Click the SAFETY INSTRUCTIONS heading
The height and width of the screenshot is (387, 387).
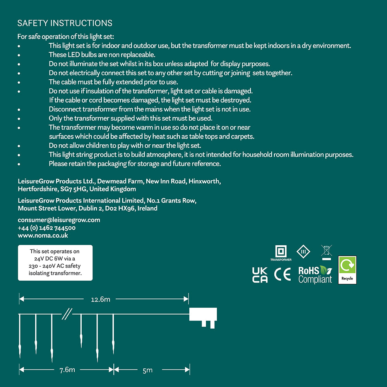click(x=65, y=23)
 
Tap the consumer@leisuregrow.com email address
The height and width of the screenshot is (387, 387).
click(x=59, y=220)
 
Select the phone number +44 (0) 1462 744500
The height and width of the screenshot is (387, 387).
click(x=46, y=228)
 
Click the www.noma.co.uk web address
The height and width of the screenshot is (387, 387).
click(x=43, y=235)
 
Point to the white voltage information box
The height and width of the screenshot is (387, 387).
click(x=55, y=263)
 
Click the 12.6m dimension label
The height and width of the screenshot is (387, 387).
click(x=101, y=299)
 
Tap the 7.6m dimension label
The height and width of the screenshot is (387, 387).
click(x=67, y=370)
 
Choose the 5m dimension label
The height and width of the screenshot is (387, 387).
click(x=147, y=370)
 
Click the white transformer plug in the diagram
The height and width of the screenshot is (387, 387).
click(x=203, y=315)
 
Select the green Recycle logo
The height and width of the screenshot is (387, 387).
click(x=347, y=270)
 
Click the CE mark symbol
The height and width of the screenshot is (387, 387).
click(x=282, y=274)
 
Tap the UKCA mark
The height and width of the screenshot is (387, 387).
click(x=260, y=275)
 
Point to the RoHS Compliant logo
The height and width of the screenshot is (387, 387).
click(x=315, y=275)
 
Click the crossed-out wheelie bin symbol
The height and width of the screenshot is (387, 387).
click(x=326, y=252)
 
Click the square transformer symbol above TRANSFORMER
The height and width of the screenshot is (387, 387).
click(x=281, y=251)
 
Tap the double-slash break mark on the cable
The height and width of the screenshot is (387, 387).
click(x=67, y=314)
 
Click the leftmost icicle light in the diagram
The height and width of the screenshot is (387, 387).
click(x=19, y=337)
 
